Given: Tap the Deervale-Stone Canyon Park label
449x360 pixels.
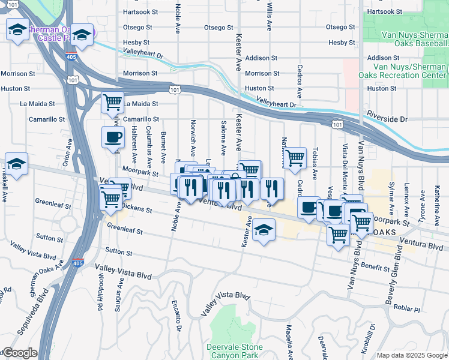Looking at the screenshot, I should (232, 351).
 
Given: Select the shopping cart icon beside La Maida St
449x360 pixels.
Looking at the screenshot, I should (112, 103).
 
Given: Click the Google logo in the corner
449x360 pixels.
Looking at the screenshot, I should (19, 353).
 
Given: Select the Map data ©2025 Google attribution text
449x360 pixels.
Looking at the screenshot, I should (411, 355).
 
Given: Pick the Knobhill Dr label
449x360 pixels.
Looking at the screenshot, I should (372, 337).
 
